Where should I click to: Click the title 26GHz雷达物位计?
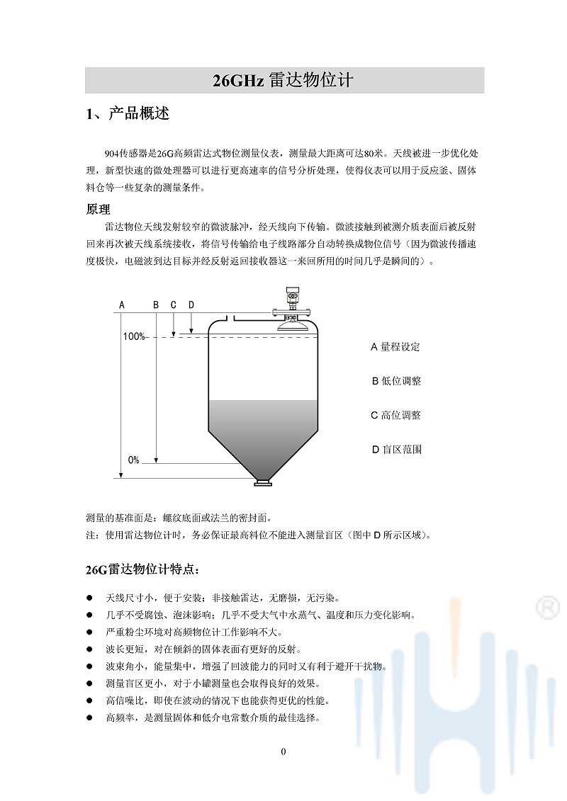click(283, 81)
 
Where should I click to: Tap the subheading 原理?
click(98, 210)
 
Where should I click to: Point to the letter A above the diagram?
click(122, 305)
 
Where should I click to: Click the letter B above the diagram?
click(156, 305)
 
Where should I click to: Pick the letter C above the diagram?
click(174, 305)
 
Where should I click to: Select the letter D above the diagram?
click(191, 305)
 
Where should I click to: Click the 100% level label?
click(133, 336)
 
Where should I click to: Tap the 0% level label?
click(133, 460)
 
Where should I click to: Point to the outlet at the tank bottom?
click(262, 483)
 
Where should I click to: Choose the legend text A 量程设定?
click(395, 347)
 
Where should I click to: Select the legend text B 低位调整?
click(396, 381)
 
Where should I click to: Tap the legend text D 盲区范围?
click(396, 449)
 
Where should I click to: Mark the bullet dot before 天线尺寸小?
click(89, 597)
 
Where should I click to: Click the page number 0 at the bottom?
click(283, 751)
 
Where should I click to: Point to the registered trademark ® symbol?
click(546, 607)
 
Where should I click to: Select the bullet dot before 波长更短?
click(89, 649)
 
